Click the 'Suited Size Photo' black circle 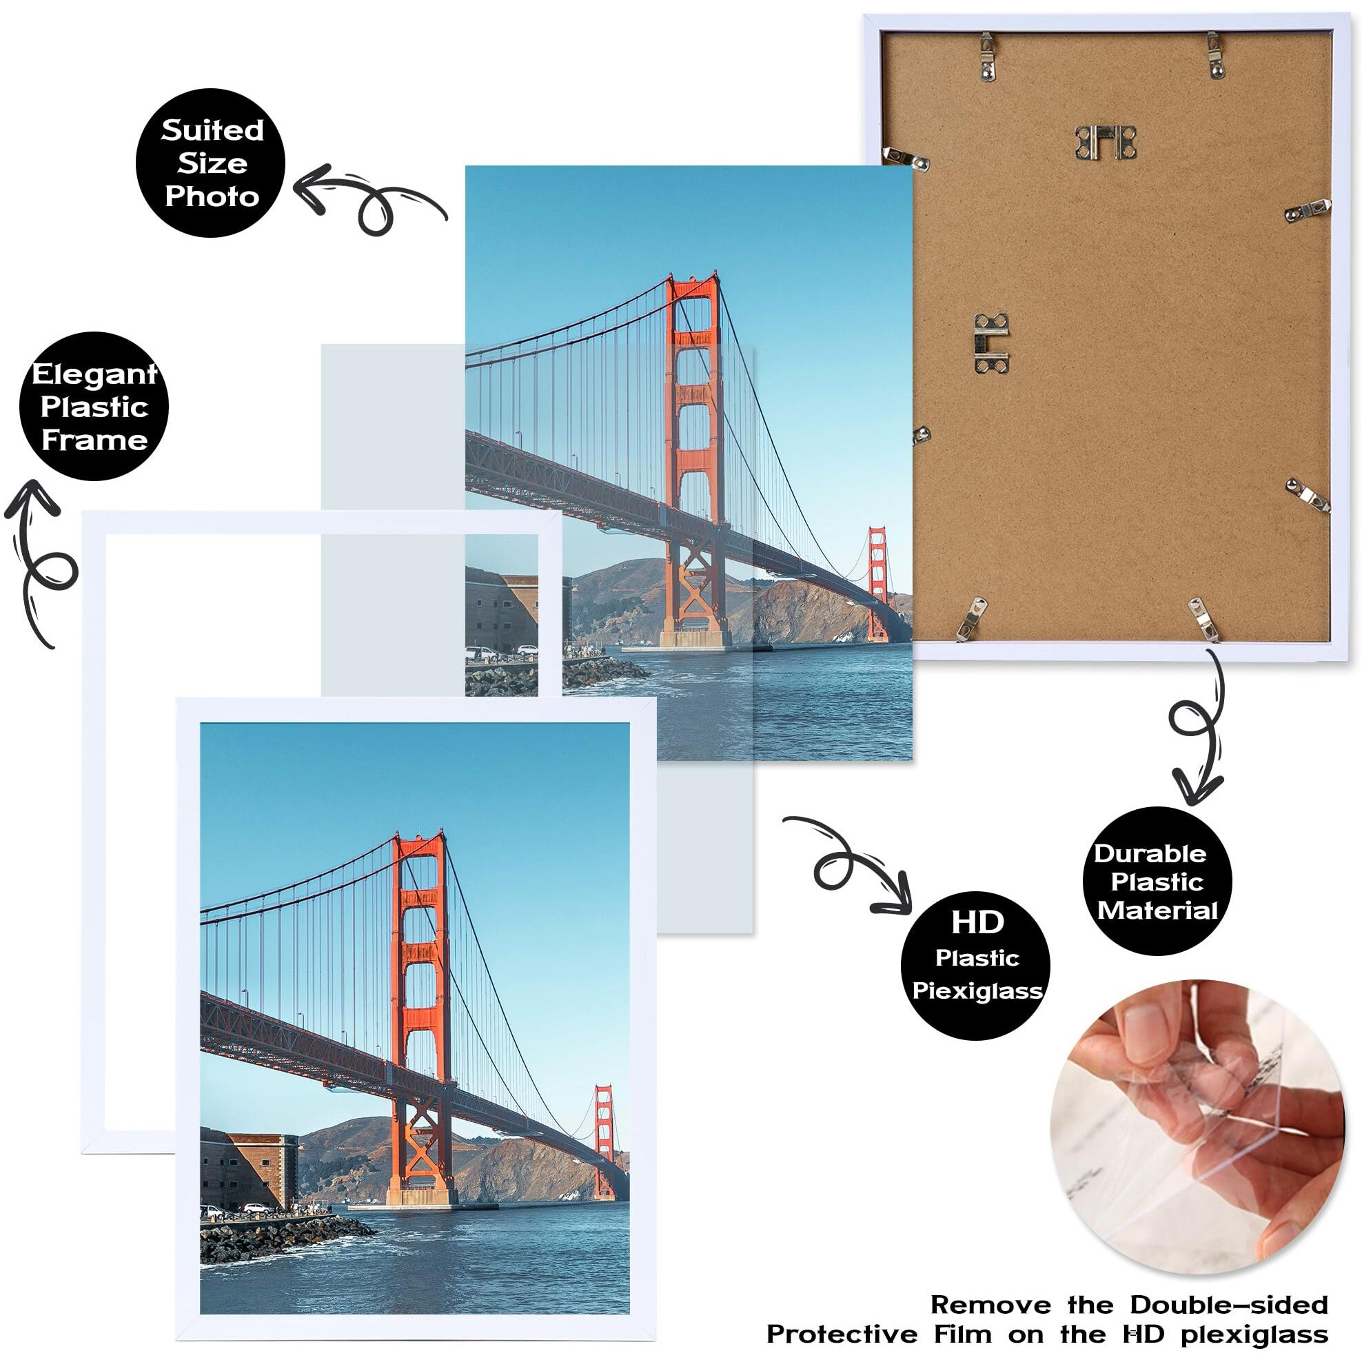click(x=211, y=163)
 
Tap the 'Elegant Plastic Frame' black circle click(x=94, y=407)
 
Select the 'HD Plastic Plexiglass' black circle click(x=976, y=966)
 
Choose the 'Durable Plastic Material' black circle click(x=1157, y=881)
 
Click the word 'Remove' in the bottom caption click(x=990, y=1305)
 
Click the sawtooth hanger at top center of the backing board click(x=1106, y=143)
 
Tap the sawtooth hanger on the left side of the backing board click(x=990, y=343)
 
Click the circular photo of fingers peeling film click(x=1198, y=1127)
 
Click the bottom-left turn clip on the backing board click(x=971, y=618)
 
